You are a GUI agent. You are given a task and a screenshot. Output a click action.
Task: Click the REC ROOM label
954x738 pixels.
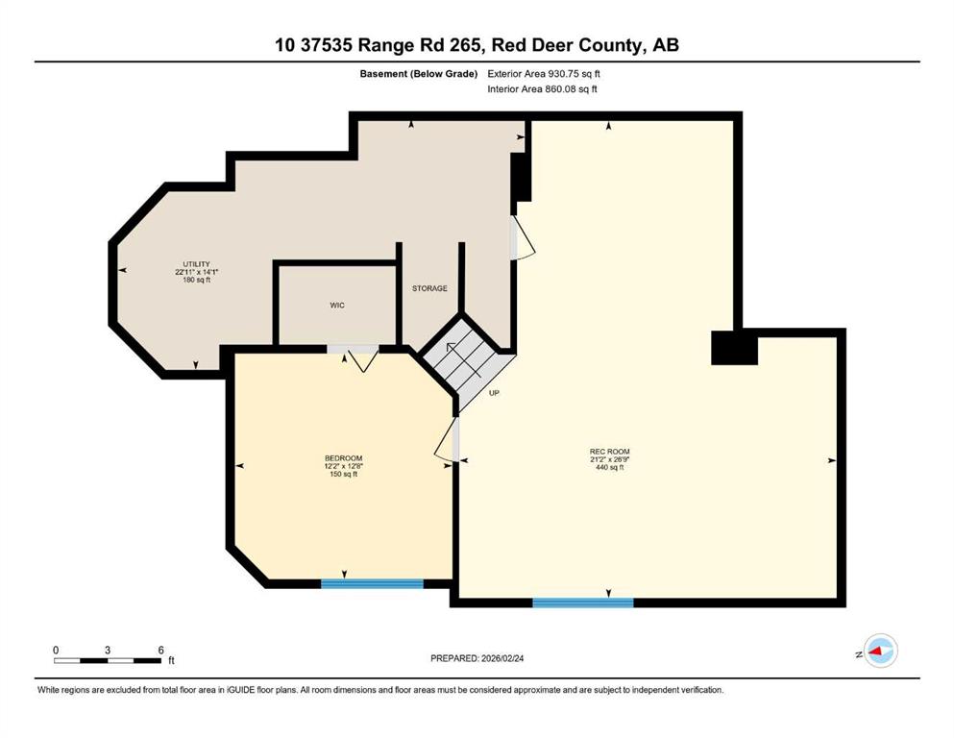pyautogui.click(x=610, y=452)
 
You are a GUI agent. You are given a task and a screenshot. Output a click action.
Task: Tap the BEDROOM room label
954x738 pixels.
pyautogui.click(x=343, y=458)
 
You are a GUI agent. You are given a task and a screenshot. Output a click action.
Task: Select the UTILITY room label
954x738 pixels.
pyautogui.click(x=197, y=264)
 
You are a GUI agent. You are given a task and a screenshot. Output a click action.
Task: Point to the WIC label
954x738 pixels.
pyautogui.click(x=337, y=305)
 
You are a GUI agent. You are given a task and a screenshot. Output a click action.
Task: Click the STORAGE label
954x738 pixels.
pyautogui.click(x=429, y=288)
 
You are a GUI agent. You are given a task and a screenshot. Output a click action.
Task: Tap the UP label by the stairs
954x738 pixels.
pyautogui.click(x=494, y=393)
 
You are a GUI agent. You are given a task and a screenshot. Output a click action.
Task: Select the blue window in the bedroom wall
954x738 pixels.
pyautogui.click(x=373, y=583)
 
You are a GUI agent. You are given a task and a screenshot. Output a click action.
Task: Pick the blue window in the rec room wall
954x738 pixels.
pyautogui.click(x=583, y=603)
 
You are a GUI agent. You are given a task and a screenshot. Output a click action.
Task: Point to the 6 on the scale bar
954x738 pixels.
pyautogui.click(x=160, y=650)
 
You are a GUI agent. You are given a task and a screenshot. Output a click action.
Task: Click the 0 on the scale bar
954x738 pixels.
pyautogui.click(x=56, y=650)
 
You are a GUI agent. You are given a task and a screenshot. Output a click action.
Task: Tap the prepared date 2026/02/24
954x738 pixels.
pyautogui.click(x=501, y=658)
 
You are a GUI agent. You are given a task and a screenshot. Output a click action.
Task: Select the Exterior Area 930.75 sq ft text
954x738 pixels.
pyautogui.click(x=544, y=74)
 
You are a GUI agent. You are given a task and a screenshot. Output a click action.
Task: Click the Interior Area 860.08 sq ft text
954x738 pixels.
pyautogui.click(x=542, y=88)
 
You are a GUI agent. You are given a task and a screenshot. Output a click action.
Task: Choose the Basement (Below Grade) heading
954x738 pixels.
pyautogui.click(x=419, y=74)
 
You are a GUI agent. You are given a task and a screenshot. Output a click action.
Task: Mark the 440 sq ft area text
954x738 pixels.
pyautogui.click(x=610, y=467)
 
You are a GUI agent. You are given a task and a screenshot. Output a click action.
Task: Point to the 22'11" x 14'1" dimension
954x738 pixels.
pyautogui.click(x=197, y=272)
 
